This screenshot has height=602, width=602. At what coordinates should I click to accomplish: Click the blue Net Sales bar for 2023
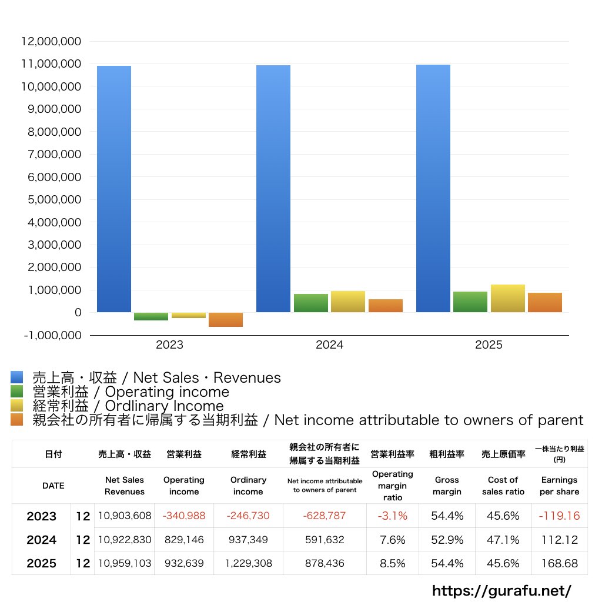[114, 188]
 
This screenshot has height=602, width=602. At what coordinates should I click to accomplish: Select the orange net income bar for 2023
[226, 319]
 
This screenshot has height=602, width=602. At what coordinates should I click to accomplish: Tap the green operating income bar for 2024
[311, 303]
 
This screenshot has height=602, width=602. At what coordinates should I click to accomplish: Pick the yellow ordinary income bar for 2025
[508, 298]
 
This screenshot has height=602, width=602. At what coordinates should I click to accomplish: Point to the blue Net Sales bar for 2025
[433, 188]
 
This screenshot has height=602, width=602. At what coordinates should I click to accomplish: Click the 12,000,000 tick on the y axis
[51, 42]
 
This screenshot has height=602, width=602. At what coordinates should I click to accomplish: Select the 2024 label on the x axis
[329, 345]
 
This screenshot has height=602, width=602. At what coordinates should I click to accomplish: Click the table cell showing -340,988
[184, 516]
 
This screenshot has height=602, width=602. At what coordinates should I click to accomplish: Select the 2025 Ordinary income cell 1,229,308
[249, 563]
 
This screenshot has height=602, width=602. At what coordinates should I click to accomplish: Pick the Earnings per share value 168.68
[559, 563]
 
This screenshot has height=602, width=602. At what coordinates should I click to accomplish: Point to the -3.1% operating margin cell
[392, 516]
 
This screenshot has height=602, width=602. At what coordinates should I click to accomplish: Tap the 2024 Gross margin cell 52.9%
[447, 540]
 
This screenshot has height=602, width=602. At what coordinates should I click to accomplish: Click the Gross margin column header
[447, 486]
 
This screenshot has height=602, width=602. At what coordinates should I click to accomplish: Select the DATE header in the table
[53, 486]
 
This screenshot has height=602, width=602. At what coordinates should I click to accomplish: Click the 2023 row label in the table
[42, 516]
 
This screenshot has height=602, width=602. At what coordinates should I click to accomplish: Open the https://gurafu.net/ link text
[501, 590]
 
